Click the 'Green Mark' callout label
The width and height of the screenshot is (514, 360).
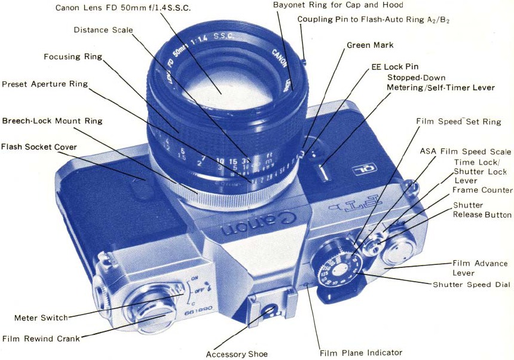[370, 45]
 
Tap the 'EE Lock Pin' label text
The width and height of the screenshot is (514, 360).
[394, 67]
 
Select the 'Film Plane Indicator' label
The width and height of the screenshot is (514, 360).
[360, 353]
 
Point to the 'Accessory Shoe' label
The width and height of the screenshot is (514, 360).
[237, 354]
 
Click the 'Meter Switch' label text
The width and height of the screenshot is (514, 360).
[41, 318]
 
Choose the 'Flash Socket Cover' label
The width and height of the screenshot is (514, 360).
[39, 147]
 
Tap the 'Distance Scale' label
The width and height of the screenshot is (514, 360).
[103, 30]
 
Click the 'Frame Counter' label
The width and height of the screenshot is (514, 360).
[482, 190]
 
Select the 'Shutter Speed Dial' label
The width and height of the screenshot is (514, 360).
[472, 285]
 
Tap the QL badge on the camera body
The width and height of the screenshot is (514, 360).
[364, 169]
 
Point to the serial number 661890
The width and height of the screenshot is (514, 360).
[198, 310]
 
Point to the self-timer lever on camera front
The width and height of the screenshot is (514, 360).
[323, 172]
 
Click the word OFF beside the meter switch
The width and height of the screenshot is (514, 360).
[199, 291]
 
